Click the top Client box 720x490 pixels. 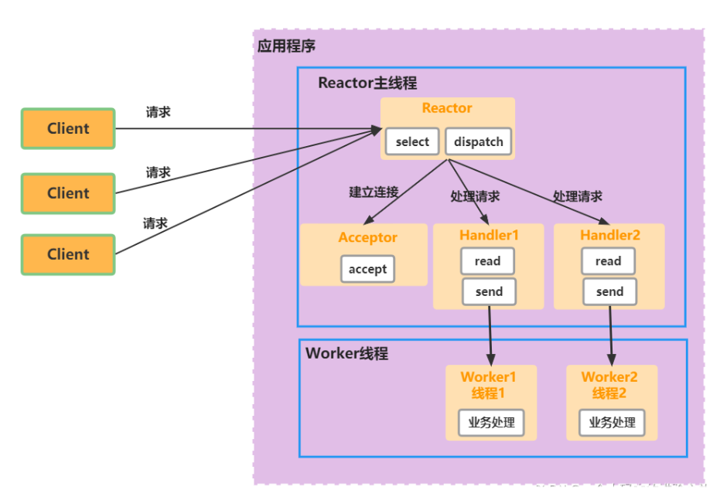[68, 128]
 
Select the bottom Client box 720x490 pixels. [68, 254]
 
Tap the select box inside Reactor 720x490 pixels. [412, 142]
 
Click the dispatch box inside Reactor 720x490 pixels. [478, 142]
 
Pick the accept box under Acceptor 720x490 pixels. [367, 269]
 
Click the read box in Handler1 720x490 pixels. [487, 261]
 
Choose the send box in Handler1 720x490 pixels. [489, 291]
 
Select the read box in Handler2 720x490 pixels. [608, 261]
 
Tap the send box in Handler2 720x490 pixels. [609, 291]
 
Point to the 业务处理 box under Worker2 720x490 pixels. [612, 423]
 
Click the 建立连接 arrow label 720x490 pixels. [374, 192]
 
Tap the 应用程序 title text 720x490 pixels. [286, 46]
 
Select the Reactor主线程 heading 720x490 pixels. [367, 83]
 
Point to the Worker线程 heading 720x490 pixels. [346, 353]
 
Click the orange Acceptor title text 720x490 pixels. [367, 237]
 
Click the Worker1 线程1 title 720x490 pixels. [488, 385]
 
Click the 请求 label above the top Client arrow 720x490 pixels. [159, 112]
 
